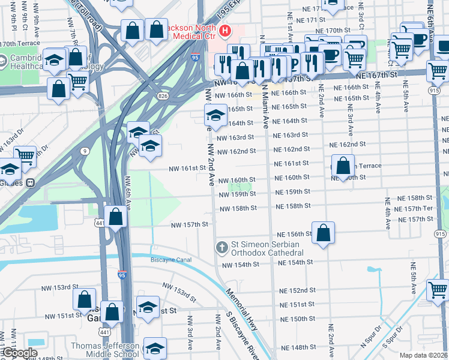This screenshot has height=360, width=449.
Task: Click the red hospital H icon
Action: [x=225, y=31]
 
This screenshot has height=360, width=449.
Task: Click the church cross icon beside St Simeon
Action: [x=221, y=247]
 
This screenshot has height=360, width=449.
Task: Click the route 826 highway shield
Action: [x=163, y=96]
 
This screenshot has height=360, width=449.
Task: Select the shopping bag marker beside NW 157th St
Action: [x=116, y=217]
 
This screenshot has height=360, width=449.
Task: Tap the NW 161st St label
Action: [x=187, y=169]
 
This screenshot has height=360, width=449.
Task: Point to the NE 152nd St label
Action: [x=297, y=290]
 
